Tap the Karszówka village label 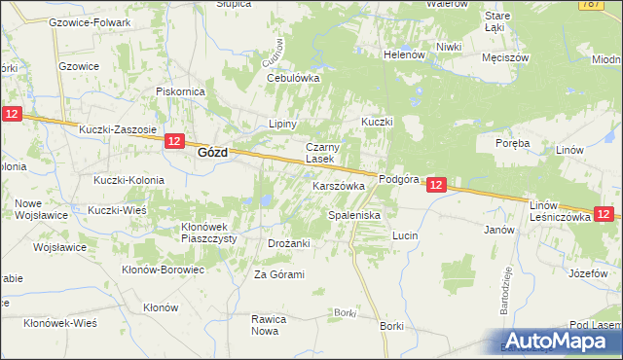[x=338, y=185]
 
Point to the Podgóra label [x=397, y=180]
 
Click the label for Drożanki [x=288, y=243]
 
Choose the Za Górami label [x=279, y=275]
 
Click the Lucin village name [x=405, y=235]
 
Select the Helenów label [x=405, y=55]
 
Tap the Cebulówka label [x=293, y=79]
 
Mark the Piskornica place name [x=179, y=91]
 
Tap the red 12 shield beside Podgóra [x=436, y=184]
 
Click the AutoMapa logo [x=558, y=341]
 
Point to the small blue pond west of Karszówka [x=264, y=201]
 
